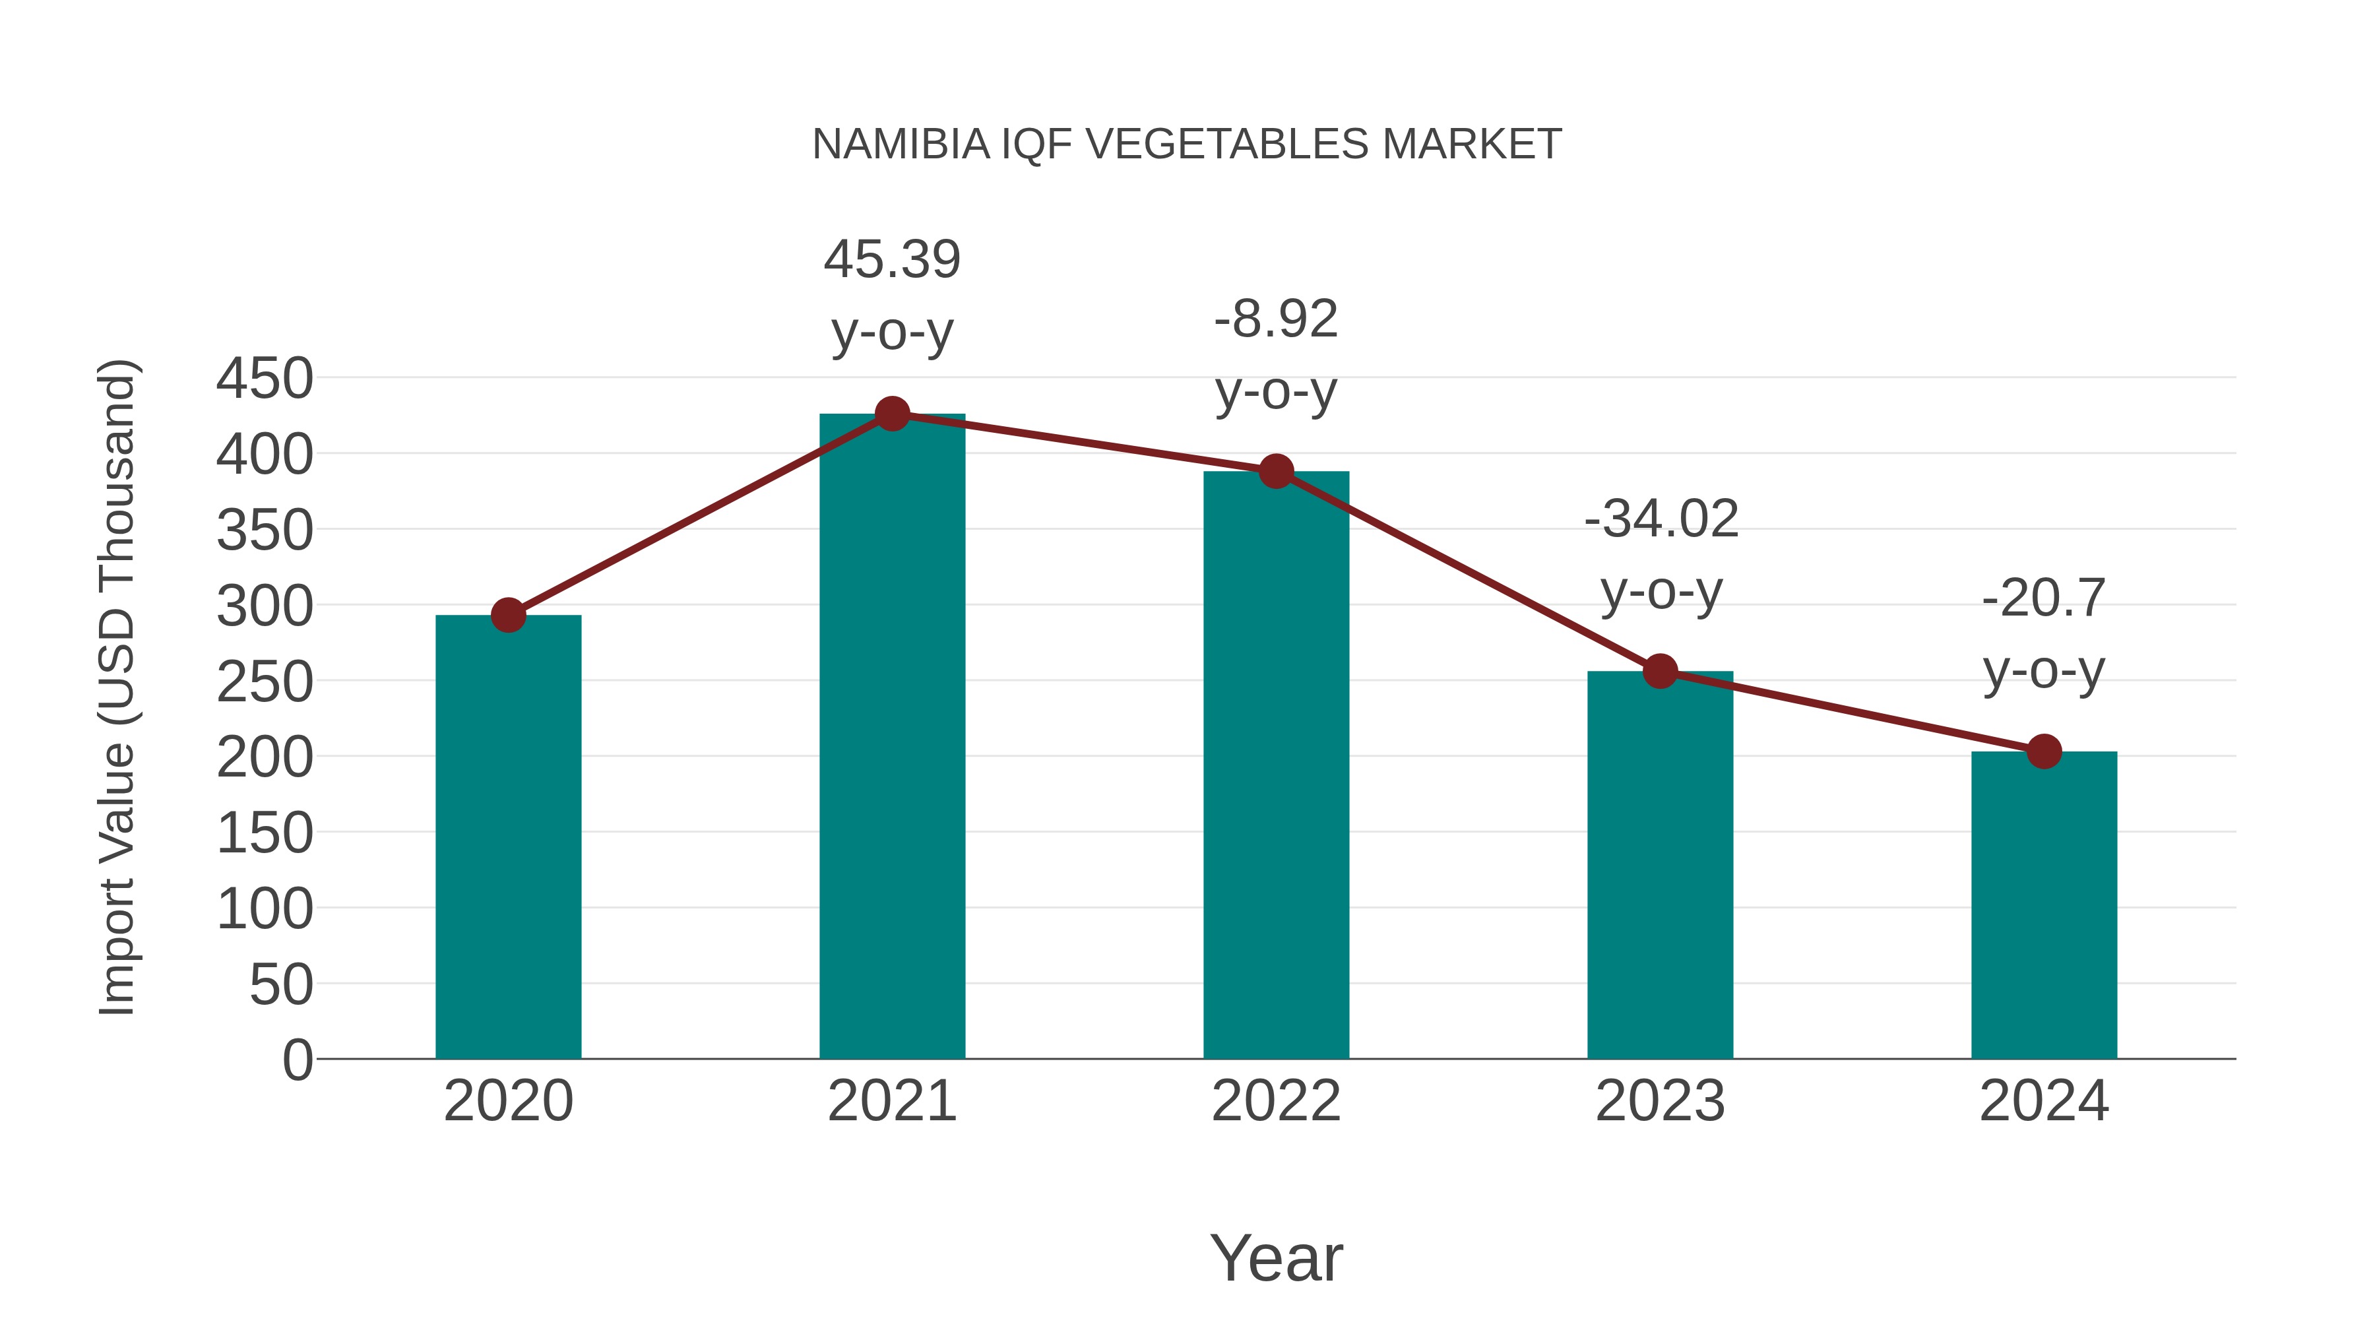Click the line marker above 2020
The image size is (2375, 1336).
tap(508, 615)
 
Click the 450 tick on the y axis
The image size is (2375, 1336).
tap(265, 378)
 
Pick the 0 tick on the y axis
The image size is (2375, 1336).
tap(297, 1060)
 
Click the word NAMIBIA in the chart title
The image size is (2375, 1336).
tap(900, 144)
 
